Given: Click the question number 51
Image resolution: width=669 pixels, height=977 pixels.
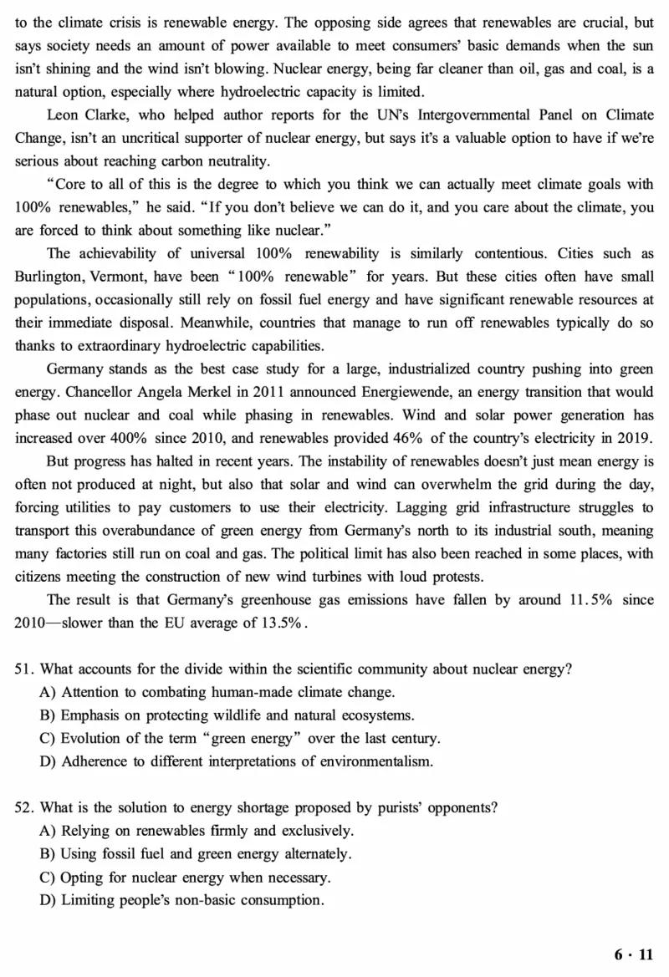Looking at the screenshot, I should (x=25, y=669).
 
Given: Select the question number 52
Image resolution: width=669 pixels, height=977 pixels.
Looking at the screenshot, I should (x=25, y=807).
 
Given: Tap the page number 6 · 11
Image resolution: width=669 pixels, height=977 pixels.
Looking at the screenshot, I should (x=633, y=954).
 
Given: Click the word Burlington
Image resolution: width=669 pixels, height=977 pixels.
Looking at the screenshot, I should (x=49, y=275).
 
